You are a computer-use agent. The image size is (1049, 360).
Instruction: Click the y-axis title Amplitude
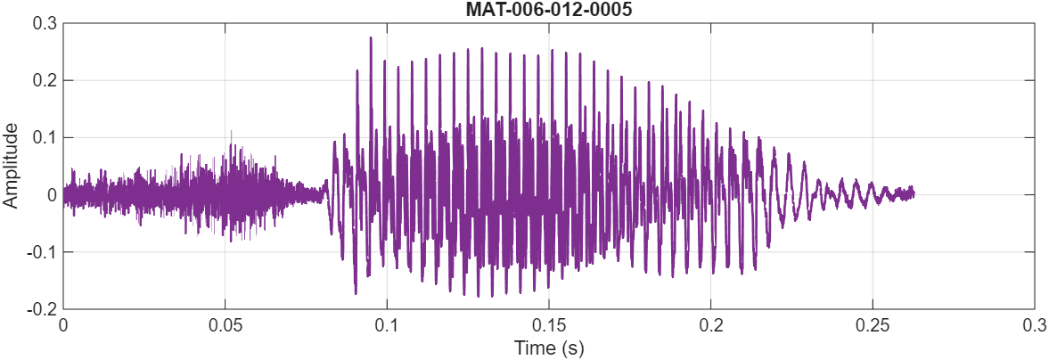11,166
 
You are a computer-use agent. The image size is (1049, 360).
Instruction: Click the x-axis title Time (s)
548,348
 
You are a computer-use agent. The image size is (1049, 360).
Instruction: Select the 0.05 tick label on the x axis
225,325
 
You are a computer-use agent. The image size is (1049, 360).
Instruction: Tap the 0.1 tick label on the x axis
387,325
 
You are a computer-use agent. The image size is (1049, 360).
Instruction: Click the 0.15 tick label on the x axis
548,325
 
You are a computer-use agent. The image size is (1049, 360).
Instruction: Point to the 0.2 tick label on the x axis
710,325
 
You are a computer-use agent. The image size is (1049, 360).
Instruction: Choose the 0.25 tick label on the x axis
873,325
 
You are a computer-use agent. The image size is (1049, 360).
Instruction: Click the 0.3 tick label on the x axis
1034,325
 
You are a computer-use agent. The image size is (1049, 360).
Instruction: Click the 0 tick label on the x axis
63,325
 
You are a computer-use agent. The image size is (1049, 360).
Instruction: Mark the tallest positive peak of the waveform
370,38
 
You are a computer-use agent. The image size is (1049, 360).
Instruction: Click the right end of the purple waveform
914,193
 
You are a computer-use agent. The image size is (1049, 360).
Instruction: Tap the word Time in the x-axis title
531,348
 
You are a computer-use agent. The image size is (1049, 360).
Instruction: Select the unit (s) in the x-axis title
572,348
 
